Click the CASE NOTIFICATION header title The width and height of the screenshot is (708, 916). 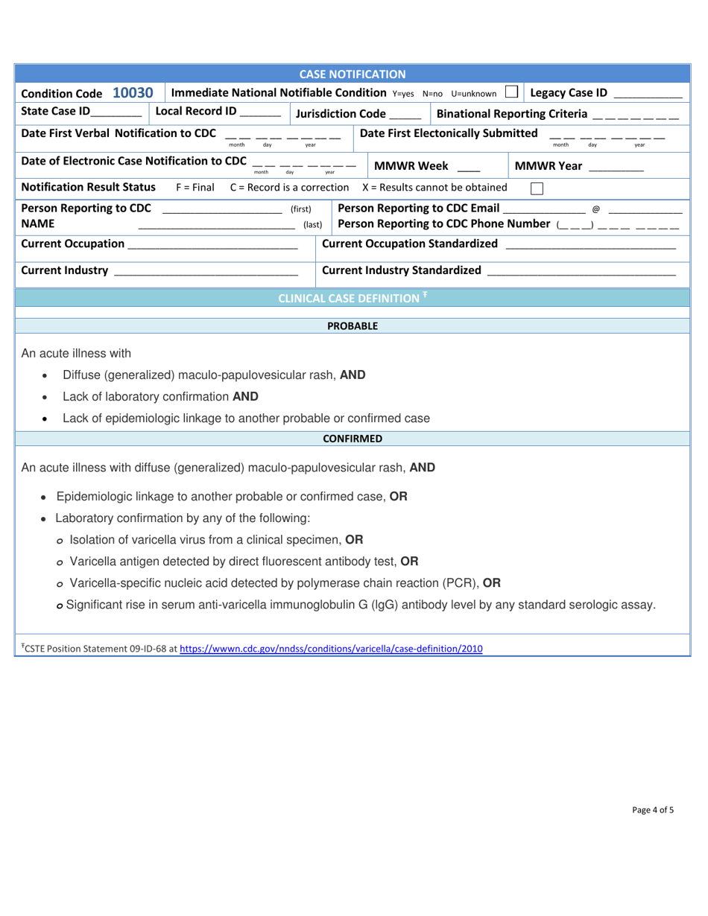pos(353,74)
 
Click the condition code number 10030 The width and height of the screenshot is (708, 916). pos(133,93)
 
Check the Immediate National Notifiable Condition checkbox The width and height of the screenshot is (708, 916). pos(511,92)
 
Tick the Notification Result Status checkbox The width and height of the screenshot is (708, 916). pos(537,188)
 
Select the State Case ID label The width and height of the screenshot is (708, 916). pos(56,112)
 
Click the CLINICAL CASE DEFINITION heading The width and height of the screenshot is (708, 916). pos(349,298)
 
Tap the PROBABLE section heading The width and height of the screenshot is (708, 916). pos(353,325)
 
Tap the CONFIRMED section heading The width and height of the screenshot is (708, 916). pos(353,439)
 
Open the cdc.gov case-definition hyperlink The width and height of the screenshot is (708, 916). pos(331,649)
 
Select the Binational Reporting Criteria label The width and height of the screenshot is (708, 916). pos(511,114)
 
